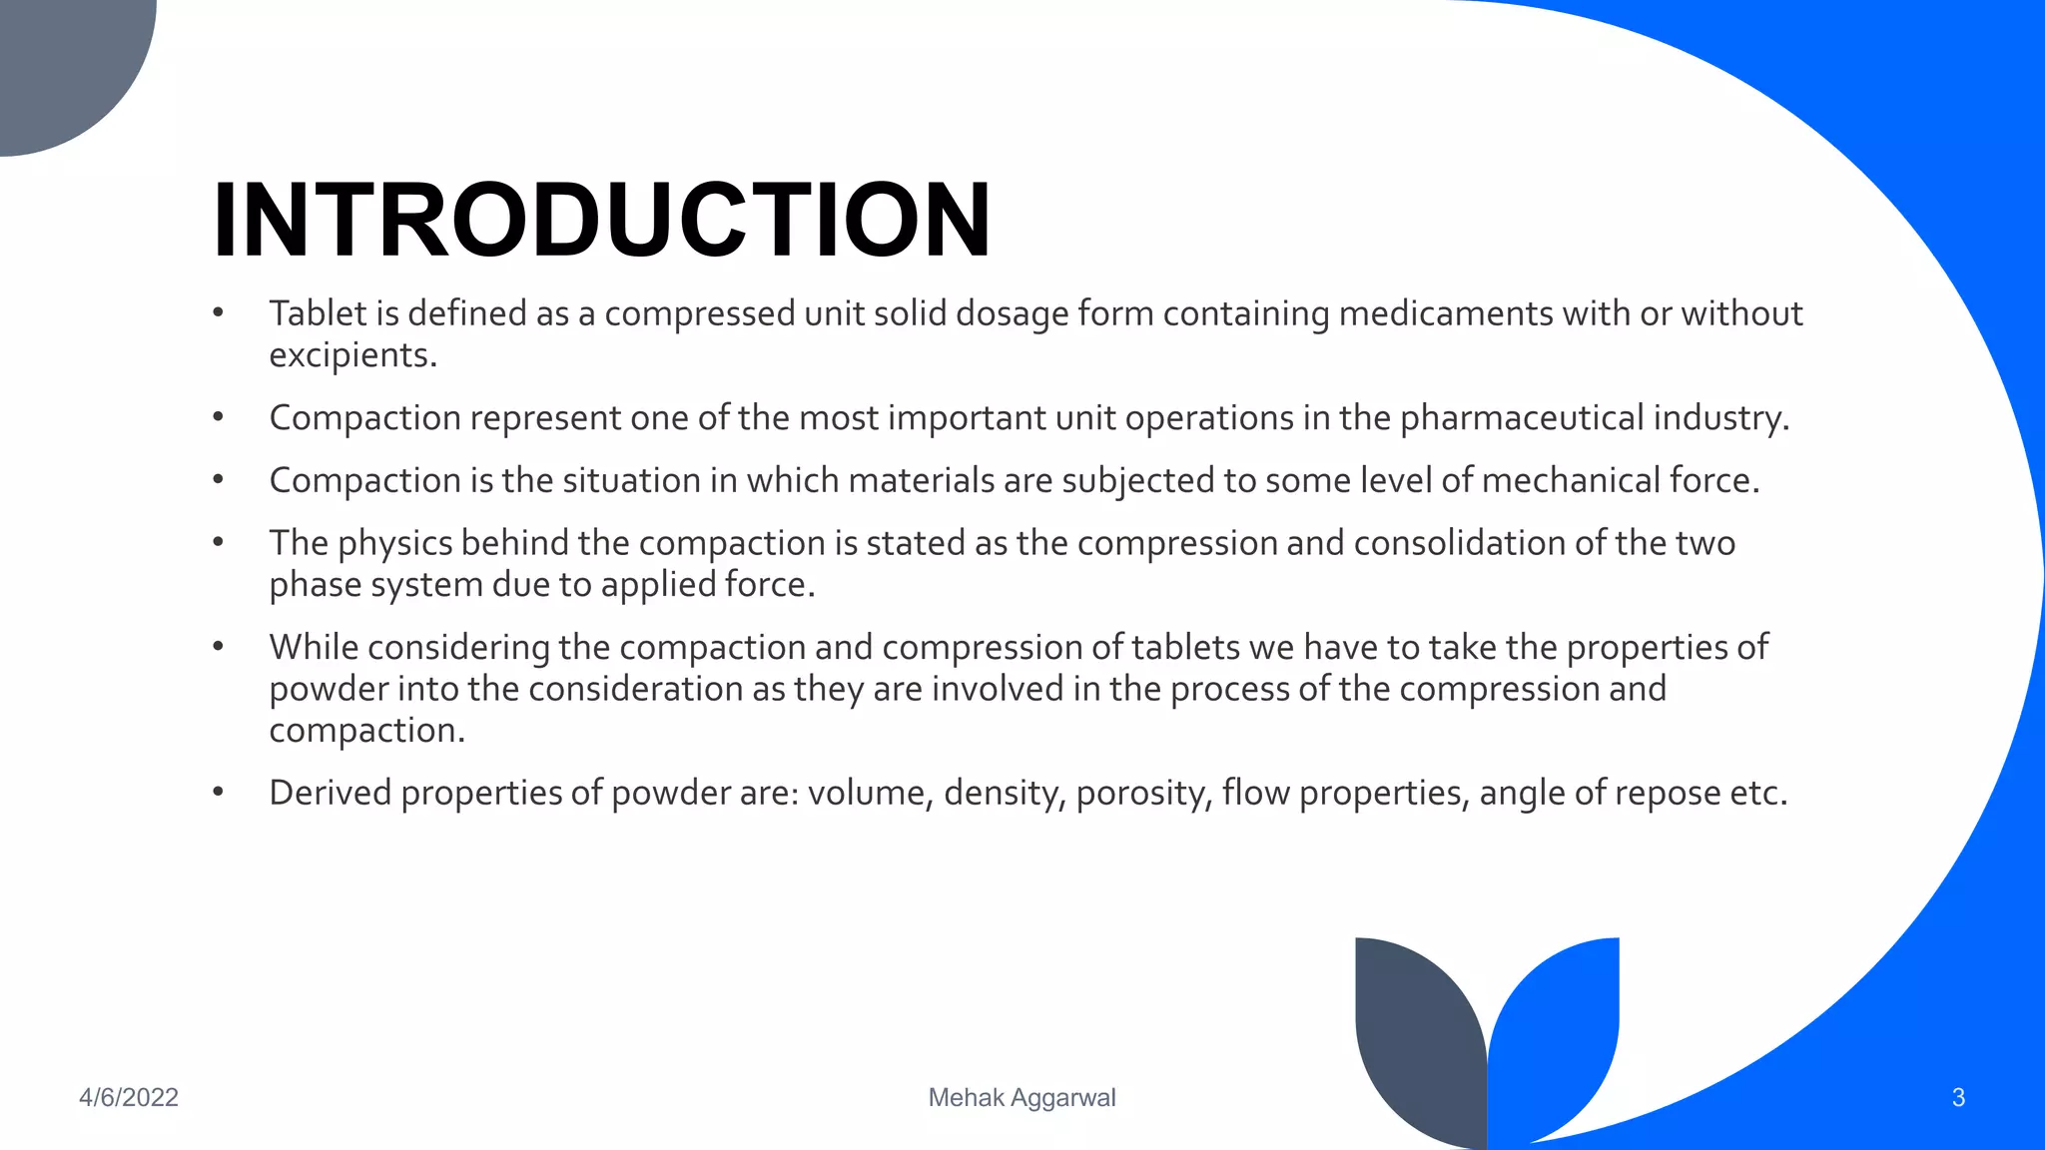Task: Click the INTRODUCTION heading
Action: point(601,221)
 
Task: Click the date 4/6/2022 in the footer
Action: point(129,1097)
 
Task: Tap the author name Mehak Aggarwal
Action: point(1022,1097)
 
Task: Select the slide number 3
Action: point(1958,1097)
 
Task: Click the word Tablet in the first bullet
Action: point(318,313)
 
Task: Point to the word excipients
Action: point(352,355)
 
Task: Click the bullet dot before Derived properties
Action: point(218,793)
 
